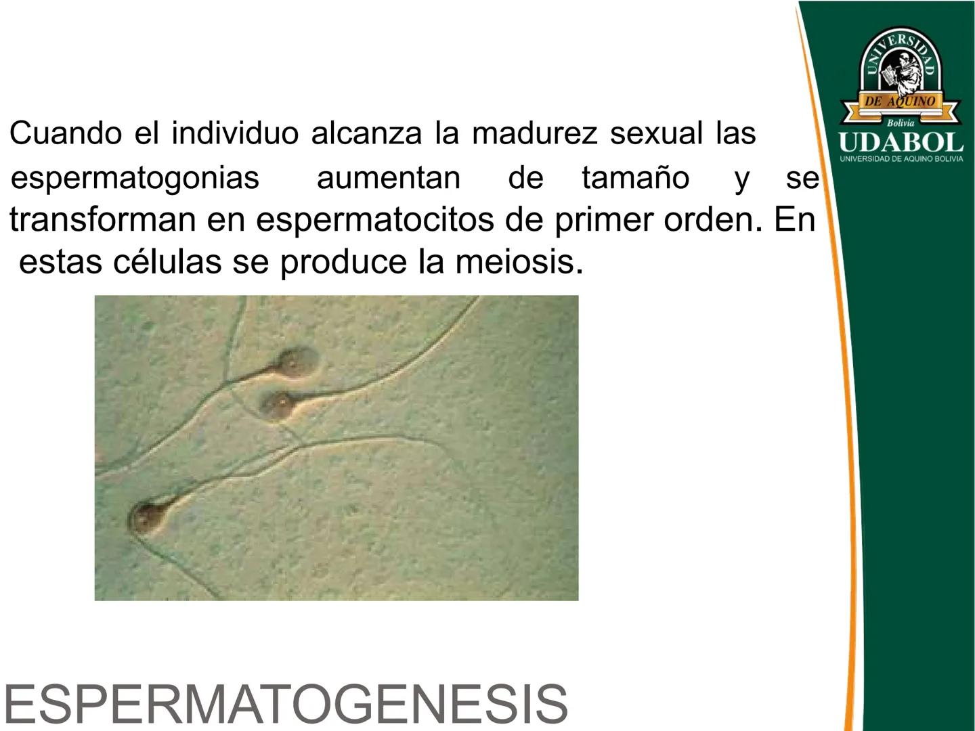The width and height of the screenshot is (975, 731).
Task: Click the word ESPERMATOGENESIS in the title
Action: point(286,704)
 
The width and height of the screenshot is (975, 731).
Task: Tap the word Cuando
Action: point(66,133)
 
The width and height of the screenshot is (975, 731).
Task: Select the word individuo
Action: point(235,133)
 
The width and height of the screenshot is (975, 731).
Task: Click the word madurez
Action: point(535,133)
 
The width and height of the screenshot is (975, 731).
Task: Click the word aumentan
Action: point(388,178)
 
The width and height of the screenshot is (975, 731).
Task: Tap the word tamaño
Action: point(635,177)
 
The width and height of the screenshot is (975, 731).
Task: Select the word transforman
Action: point(103,219)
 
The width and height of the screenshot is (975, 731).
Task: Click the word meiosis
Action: point(519,261)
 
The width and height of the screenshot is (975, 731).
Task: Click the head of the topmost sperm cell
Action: point(295,363)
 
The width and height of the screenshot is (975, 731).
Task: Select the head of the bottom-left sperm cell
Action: point(146,518)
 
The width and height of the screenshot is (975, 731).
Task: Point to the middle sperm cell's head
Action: point(278,404)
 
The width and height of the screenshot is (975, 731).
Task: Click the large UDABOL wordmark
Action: point(901,142)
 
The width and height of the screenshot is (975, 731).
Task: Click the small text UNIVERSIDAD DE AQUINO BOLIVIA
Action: point(901,159)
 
